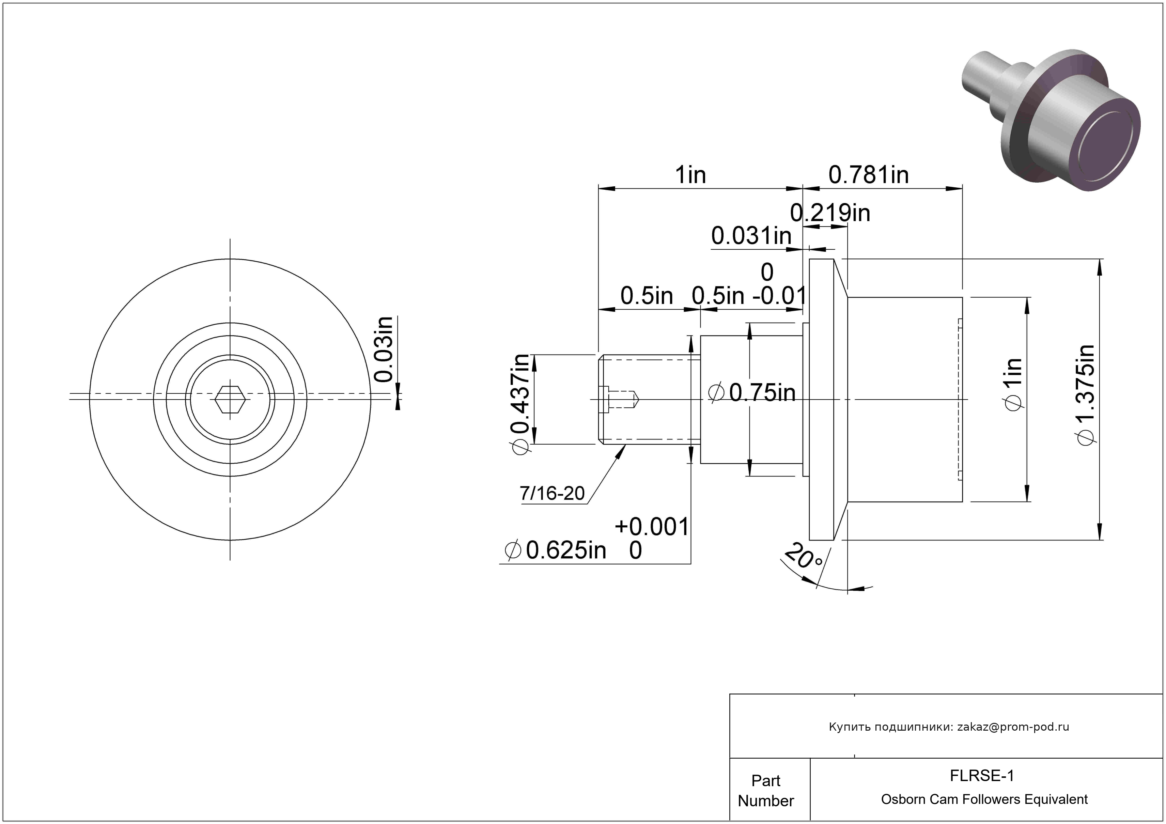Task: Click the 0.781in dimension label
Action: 868,175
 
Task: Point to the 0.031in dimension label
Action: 751,236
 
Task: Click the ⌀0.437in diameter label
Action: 522,405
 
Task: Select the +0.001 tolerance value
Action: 652,527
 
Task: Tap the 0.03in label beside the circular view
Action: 384,349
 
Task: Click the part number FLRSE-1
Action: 982,776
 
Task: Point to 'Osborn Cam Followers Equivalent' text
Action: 984,799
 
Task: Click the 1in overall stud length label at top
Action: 690,175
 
